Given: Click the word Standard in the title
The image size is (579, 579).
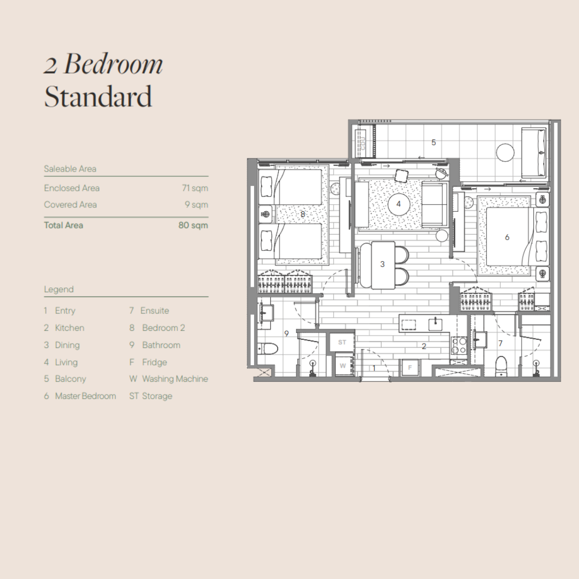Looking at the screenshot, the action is pyautogui.click(x=98, y=96).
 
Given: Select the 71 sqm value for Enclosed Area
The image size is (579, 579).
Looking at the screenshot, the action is pyautogui.click(x=195, y=188).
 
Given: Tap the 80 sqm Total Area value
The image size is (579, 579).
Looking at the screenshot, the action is pyautogui.click(x=193, y=225).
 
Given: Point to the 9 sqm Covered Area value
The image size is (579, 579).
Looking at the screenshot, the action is pyautogui.click(x=196, y=205).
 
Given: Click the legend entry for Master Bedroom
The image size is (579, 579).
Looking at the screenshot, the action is pyautogui.click(x=80, y=396).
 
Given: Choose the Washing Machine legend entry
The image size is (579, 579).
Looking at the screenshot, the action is pyautogui.click(x=169, y=379).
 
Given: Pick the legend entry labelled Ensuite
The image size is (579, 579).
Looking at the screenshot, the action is pyautogui.click(x=149, y=310).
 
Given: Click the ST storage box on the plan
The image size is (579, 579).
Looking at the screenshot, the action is pyautogui.click(x=342, y=342).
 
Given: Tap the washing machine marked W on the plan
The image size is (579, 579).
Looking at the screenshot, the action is pyautogui.click(x=344, y=366).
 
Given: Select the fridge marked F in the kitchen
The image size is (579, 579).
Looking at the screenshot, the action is pyautogui.click(x=410, y=367).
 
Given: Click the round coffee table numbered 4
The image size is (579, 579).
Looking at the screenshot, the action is pyautogui.click(x=398, y=204).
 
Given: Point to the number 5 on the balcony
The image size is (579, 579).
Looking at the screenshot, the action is pyautogui.click(x=434, y=142).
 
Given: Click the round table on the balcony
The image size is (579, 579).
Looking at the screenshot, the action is pyautogui.click(x=505, y=152).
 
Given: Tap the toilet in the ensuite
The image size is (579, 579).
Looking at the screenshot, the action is pyautogui.click(x=501, y=366).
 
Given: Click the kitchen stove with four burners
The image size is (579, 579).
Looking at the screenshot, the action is pyautogui.click(x=459, y=346).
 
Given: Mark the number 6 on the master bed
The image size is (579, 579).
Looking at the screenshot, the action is pyautogui.click(x=507, y=237).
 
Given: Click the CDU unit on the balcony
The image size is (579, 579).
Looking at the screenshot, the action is pyautogui.click(x=362, y=143).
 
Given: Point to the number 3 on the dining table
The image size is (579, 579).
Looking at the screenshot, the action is pyautogui.click(x=382, y=264).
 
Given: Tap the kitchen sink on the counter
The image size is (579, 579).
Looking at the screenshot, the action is pyautogui.click(x=435, y=324).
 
